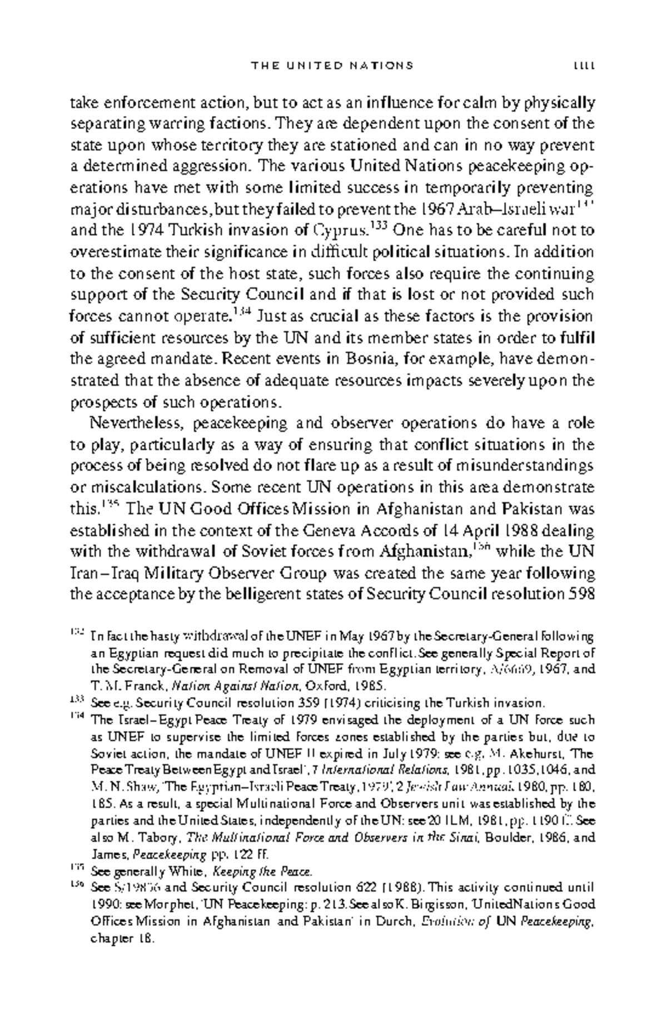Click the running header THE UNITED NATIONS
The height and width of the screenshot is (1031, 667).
(x=332, y=66)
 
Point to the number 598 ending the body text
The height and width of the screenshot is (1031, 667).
(x=582, y=595)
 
